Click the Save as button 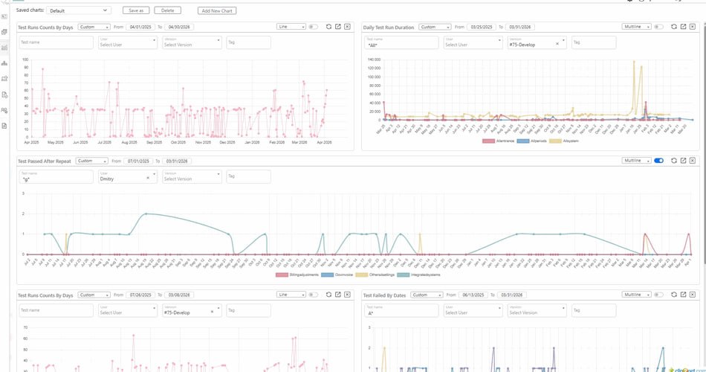pyautogui.click(x=136, y=10)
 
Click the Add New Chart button pyautogui.click(x=217, y=10)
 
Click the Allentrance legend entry pyautogui.click(x=499, y=141)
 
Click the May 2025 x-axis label pyautogui.click(x=56, y=142)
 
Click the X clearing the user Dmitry pyautogui.click(x=147, y=178)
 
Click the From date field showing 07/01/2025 pyautogui.click(x=139, y=161)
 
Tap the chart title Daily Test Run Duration pyautogui.click(x=388, y=27)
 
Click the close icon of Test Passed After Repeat pyautogui.click(x=692, y=161)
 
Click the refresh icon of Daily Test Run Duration pyautogui.click(x=673, y=27)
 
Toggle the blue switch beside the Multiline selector pyautogui.click(x=658, y=161)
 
